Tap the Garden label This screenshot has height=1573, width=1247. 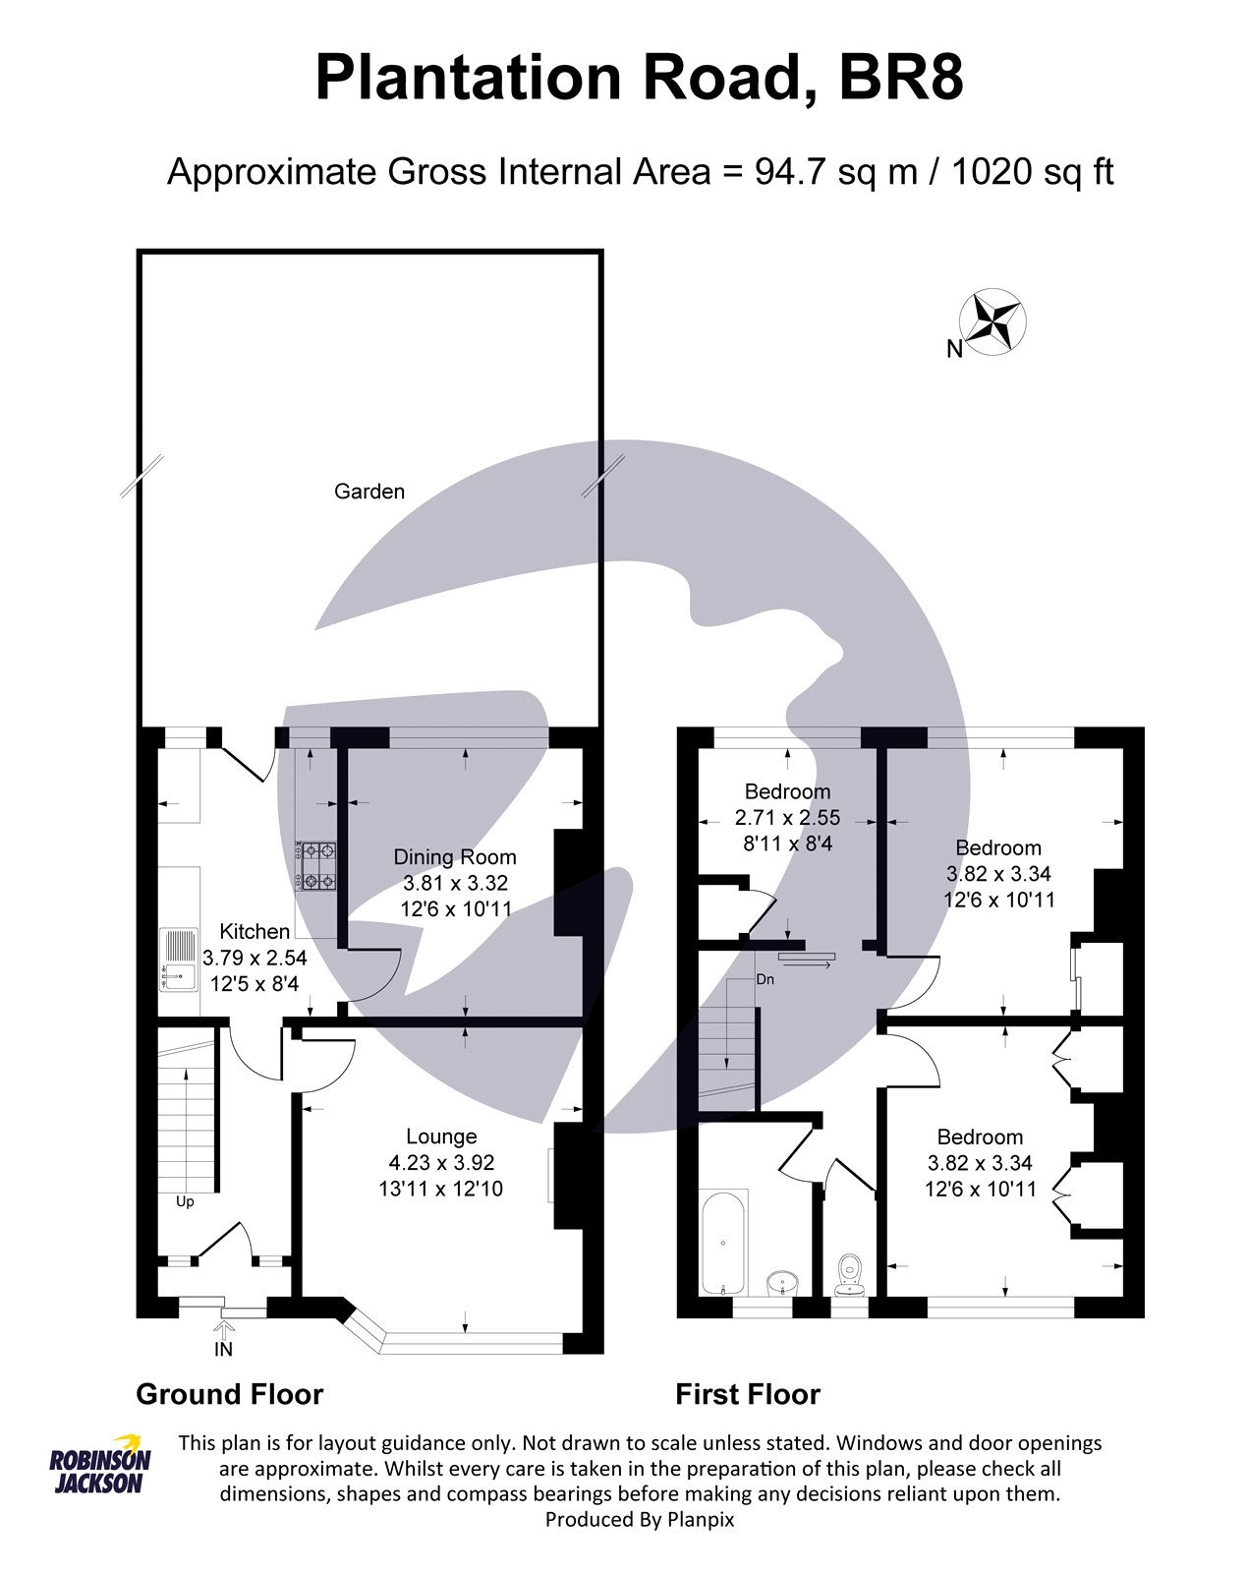pos(369,492)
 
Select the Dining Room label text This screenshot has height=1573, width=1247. pos(455,857)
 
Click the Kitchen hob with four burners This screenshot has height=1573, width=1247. pos(317,866)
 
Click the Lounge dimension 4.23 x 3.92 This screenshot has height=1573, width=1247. pos(440,1163)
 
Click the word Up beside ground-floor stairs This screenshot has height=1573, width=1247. pos(185,1201)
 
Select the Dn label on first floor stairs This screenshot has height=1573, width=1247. pos(765,980)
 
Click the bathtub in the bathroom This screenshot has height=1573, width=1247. pos(723,1242)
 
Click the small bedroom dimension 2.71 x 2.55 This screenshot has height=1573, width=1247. pos(787,817)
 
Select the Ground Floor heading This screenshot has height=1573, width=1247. pos(229,1394)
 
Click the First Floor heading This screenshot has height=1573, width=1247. pos(747,1394)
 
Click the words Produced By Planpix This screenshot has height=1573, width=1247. pos(640,1520)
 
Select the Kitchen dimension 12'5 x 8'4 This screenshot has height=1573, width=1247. pos(255,983)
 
